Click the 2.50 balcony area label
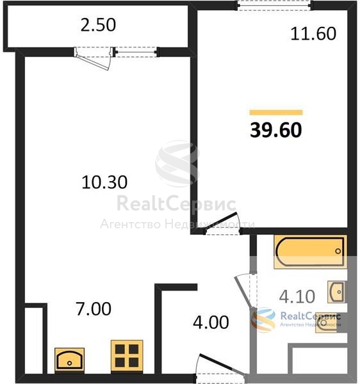tap(98, 25)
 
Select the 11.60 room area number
tap(313, 34)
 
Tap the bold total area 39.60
tap(276, 130)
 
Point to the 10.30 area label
tap(104, 182)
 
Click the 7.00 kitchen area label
tap(94, 309)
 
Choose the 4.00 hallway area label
tap(211, 323)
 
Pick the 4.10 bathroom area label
tap(297, 296)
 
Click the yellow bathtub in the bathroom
tap(311, 252)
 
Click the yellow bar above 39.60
tap(276, 113)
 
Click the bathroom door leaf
tap(244, 291)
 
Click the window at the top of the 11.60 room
tap(274, 5)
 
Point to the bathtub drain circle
tap(338, 251)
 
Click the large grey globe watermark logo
tap(177, 163)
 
